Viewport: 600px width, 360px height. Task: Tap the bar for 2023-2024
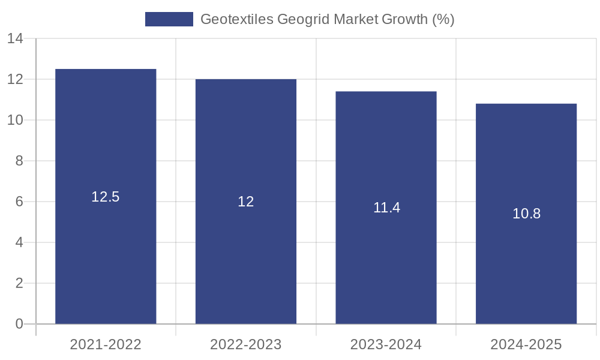[x=386, y=264]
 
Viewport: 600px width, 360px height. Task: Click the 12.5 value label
[x=106, y=197]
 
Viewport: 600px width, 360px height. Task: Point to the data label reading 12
[x=246, y=202]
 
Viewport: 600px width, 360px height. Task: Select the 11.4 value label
[x=386, y=208]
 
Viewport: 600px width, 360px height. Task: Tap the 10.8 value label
[x=526, y=214]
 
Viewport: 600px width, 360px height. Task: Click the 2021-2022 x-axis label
[x=106, y=344]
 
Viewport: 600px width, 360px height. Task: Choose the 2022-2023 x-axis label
[x=246, y=344]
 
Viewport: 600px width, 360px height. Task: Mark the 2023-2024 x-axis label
[x=386, y=344]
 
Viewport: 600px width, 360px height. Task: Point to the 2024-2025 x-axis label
[x=526, y=344]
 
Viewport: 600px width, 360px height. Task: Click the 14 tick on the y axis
[x=15, y=39]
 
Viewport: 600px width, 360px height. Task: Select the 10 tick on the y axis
[x=15, y=120]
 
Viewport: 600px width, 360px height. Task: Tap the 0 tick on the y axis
[x=19, y=324]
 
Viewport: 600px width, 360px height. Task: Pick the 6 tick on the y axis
[x=19, y=202]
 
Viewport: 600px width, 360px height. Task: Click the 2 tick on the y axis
[x=19, y=283]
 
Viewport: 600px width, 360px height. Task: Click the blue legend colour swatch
[x=169, y=19]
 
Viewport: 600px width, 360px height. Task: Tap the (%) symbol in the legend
[x=443, y=19]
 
